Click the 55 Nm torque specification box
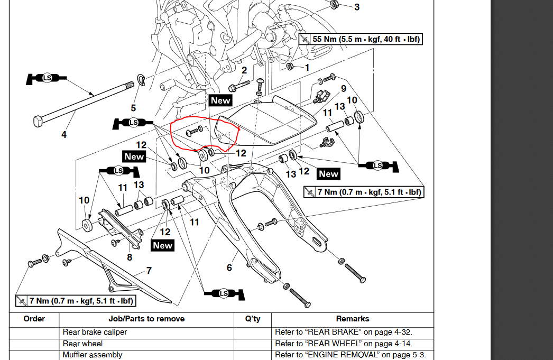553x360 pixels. tap(361, 39)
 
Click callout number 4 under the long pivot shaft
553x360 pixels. tap(64, 135)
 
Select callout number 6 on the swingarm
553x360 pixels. tap(229, 267)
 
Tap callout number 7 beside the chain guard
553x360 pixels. tap(149, 271)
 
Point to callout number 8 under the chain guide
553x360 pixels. tap(130, 257)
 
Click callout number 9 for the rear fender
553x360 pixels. tap(344, 89)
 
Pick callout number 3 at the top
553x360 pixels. tap(357, 7)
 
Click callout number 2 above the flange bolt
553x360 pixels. tap(244, 70)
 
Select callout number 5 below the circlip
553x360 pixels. tap(133, 108)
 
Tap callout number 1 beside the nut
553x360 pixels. tap(307, 68)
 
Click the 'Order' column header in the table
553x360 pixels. tap(34, 319)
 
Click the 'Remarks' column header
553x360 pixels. tap(353, 319)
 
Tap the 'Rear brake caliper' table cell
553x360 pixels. tap(95, 333)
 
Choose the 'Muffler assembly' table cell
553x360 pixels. tap(93, 355)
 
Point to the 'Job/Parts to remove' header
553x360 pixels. tap(146, 319)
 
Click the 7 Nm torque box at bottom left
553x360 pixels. tap(76, 301)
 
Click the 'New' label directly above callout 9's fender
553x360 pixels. tap(220, 100)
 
